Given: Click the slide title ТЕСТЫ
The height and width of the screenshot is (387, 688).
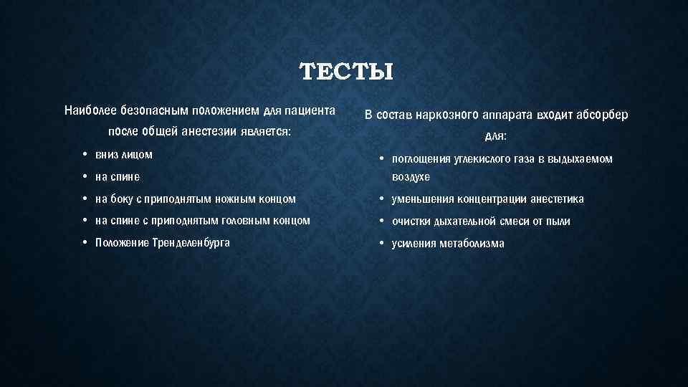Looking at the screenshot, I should point(346,72).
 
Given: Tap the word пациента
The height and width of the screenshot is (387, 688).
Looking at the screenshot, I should point(310,111).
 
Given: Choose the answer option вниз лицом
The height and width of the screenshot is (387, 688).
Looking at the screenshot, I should point(123,155).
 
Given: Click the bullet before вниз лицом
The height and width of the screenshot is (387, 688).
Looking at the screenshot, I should point(85,155).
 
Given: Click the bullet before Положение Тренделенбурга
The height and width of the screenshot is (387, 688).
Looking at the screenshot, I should point(85,243).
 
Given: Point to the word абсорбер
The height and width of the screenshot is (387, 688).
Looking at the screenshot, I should point(601,115).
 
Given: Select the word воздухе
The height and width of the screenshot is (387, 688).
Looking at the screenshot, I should point(411,177).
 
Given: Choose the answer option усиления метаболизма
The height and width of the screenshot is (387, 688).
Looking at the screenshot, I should point(447,244).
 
